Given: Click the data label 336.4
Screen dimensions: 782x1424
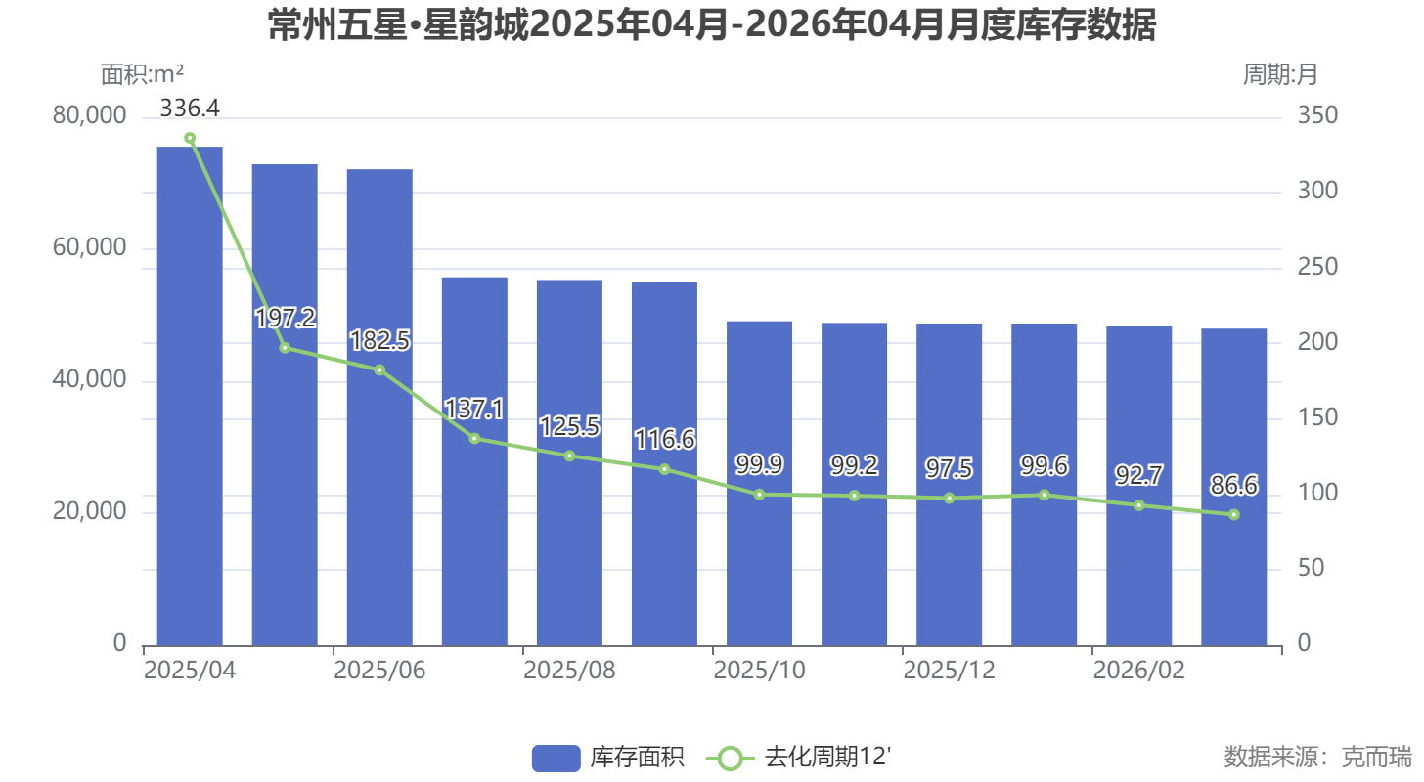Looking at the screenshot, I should tap(190, 108).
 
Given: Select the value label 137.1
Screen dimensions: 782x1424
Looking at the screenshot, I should tap(474, 409).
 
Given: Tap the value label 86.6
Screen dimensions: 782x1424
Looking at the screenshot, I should tap(1234, 485).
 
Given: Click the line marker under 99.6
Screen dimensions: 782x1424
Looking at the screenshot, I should tap(1045, 495).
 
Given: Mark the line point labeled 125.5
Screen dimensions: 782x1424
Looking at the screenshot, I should tap(569, 456).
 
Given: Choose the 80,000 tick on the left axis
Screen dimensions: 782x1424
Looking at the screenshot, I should tap(90, 115).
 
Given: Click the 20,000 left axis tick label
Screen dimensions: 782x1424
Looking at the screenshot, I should tap(90, 511).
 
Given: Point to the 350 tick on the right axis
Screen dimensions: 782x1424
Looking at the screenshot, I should tap(1317, 115).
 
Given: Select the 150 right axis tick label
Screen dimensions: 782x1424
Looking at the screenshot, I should tap(1317, 417).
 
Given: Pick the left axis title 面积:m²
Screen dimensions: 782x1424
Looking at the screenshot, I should tap(143, 73).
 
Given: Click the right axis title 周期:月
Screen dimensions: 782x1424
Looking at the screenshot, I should tap(1279, 73).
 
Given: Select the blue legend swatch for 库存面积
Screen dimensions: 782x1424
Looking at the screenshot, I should tap(556, 758).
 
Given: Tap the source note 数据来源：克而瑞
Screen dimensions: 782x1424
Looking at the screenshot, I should tap(1317, 757).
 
